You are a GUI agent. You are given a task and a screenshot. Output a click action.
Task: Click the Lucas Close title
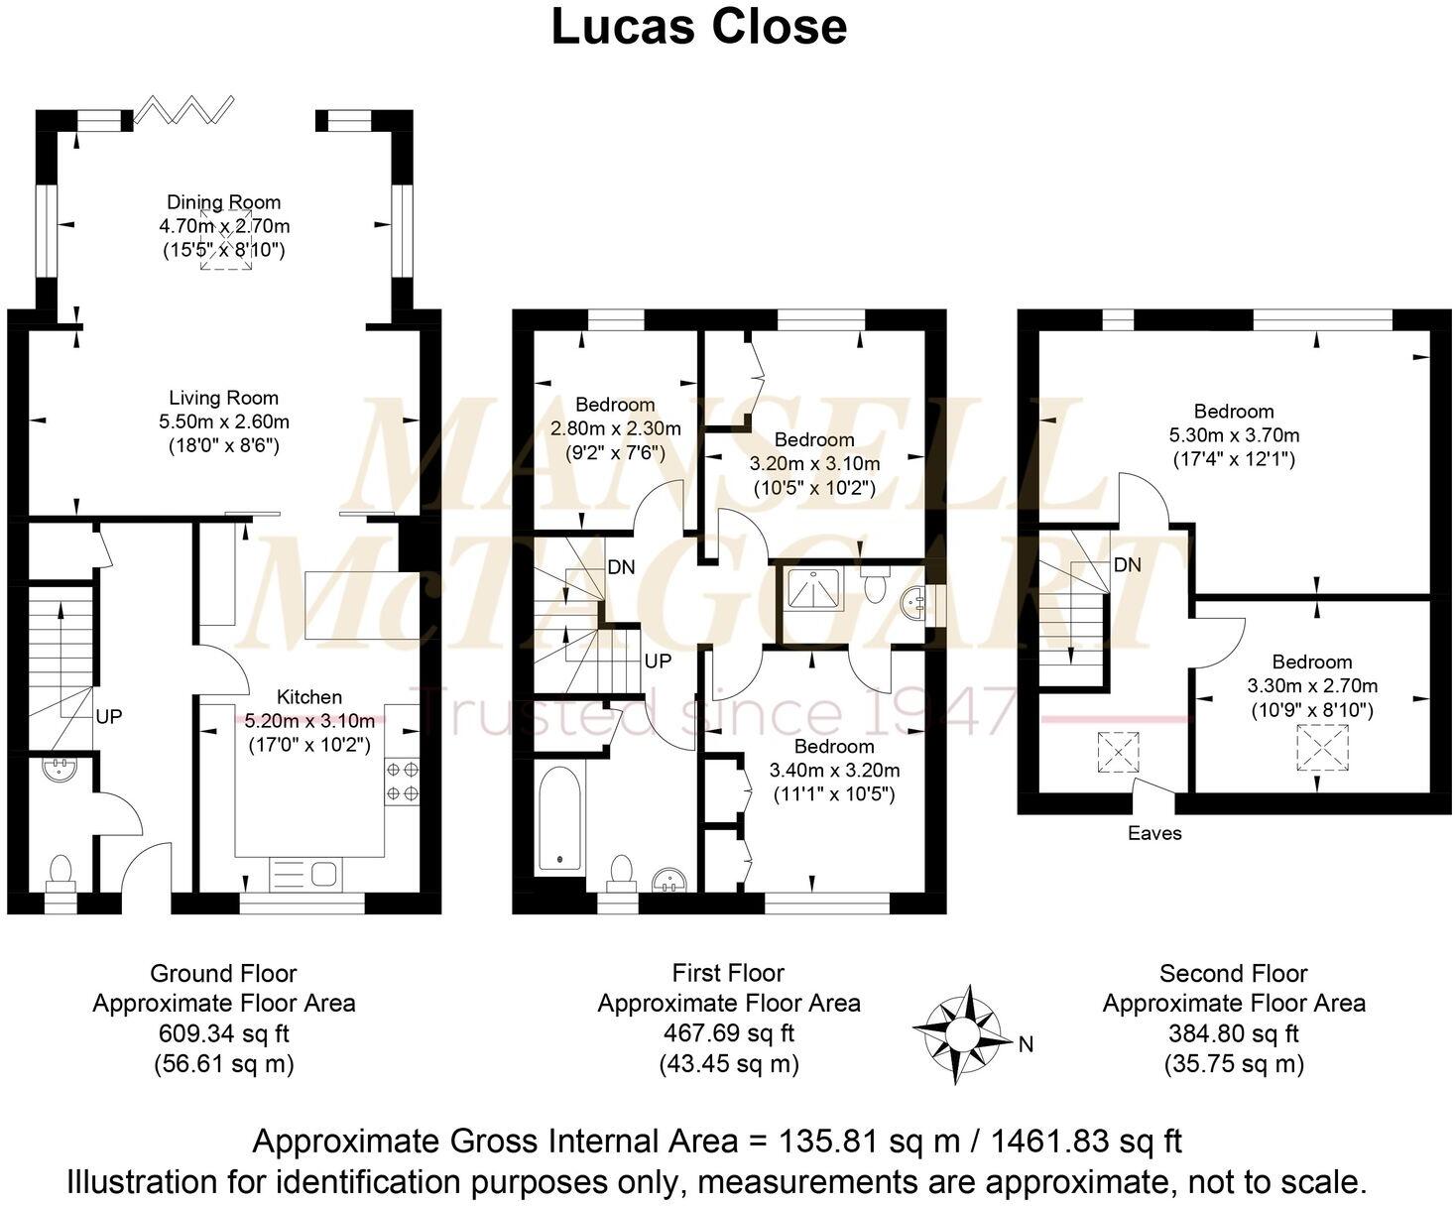point(699,28)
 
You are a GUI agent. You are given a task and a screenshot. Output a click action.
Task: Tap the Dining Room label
point(223,202)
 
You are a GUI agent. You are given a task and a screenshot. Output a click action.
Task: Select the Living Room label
point(223,398)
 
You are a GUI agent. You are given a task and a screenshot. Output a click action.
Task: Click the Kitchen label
point(308,697)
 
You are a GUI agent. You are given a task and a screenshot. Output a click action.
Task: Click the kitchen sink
point(324,874)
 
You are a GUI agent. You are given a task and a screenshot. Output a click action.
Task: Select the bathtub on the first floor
point(560,819)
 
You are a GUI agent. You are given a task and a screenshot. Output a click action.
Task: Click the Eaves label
point(1154,833)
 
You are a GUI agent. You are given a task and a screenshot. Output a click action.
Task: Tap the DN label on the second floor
point(1128,565)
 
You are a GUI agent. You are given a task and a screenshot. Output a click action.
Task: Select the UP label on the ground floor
point(109,716)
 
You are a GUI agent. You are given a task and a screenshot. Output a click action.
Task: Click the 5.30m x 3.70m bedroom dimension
point(1234,434)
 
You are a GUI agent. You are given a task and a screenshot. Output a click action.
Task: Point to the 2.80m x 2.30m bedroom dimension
point(616,428)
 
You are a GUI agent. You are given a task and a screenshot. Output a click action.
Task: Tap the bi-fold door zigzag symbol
point(183,109)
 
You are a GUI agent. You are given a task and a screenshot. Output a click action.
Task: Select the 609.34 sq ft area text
point(223,1033)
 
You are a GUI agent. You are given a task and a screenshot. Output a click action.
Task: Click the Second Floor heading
point(1233,973)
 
